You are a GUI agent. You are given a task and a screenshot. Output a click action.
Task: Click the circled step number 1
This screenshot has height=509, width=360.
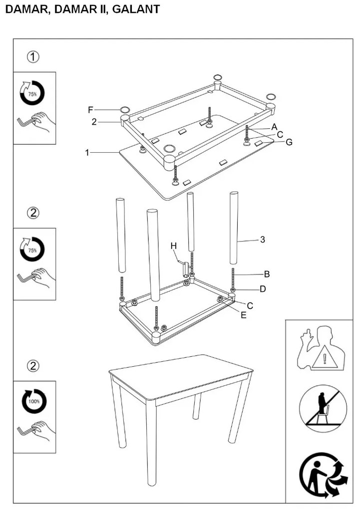[33, 56]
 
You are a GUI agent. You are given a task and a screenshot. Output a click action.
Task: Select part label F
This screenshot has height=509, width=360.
[90, 110]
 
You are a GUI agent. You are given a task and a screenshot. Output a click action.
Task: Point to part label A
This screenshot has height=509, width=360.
[274, 127]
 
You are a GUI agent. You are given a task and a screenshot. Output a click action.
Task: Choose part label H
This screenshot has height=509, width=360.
[174, 246]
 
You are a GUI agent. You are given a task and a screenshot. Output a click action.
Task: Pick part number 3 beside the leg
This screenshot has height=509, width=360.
[262, 240]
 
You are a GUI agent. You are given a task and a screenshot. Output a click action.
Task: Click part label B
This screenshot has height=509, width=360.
[267, 273]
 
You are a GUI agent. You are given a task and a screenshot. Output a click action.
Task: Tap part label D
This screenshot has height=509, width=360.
[263, 289]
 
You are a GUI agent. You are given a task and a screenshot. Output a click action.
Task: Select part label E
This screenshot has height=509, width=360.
[243, 314]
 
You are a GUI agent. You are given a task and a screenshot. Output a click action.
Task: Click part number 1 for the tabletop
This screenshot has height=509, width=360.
[87, 153]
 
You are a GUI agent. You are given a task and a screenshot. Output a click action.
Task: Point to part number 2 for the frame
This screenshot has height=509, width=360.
[93, 121]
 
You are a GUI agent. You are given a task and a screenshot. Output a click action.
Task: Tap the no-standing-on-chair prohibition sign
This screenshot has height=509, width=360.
[323, 409]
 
